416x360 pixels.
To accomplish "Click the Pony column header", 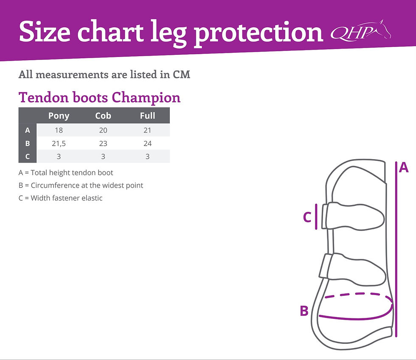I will pos(59,115).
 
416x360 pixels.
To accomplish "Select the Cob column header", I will pos(103,115).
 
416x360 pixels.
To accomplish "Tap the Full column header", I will pos(147,115).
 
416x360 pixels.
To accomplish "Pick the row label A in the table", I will pos(28,130).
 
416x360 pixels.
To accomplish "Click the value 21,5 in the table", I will pos(59,143).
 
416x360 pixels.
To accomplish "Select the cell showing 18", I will pos(59,130).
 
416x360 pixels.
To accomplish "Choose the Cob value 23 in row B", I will pos(103,143).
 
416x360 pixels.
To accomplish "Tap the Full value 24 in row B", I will pos(147,143).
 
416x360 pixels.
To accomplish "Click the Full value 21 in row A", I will pos(147,130).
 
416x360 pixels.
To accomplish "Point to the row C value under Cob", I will pos(103,156).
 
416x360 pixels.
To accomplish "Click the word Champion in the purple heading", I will pos(146,98).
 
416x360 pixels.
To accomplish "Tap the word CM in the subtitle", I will pos(182,75).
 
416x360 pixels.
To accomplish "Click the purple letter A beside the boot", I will pos(404,168).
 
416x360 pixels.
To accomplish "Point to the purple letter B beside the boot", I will pos(304,311).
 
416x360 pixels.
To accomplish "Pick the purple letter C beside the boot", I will pos(307,217).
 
